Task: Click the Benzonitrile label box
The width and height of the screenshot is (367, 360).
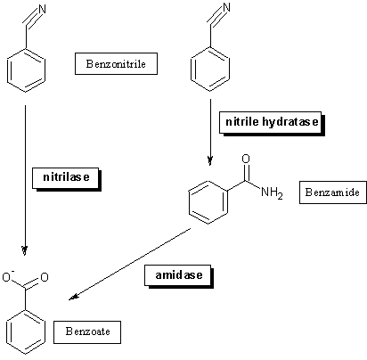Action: click(x=116, y=63)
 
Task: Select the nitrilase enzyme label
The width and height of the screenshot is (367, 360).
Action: click(x=67, y=178)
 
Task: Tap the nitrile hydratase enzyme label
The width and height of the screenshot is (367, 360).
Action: click(x=272, y=123)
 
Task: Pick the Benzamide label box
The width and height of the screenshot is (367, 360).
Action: click(x=333, y=192)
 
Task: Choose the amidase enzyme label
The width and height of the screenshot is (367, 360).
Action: click(x=179, y=276)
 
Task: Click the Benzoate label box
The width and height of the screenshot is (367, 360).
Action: click(x=87, y=331)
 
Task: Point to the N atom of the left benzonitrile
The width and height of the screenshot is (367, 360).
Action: click(x=42, y=9)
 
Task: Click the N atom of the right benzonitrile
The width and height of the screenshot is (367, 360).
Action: click(x=226, y=7)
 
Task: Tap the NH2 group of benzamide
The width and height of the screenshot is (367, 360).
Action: click(x=272, y=193)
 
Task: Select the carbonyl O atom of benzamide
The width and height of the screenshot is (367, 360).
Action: click(x=246, y=159)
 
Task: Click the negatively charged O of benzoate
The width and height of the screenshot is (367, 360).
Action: click(x=7, y=276)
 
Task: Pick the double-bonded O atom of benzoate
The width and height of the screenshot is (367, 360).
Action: click(x=45, y=277)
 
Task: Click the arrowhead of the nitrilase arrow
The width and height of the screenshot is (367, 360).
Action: click(x=25, y=251)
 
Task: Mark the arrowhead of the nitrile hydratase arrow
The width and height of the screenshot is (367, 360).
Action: click(x=210, y=160)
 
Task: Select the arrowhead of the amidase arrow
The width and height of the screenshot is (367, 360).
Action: click(x=73, y=297)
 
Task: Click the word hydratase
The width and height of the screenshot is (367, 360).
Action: click(x=290, y=122)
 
